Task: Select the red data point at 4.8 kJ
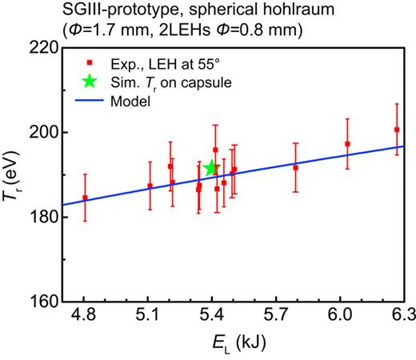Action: [x=85, y=198]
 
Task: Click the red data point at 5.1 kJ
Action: [x=150, y=186]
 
